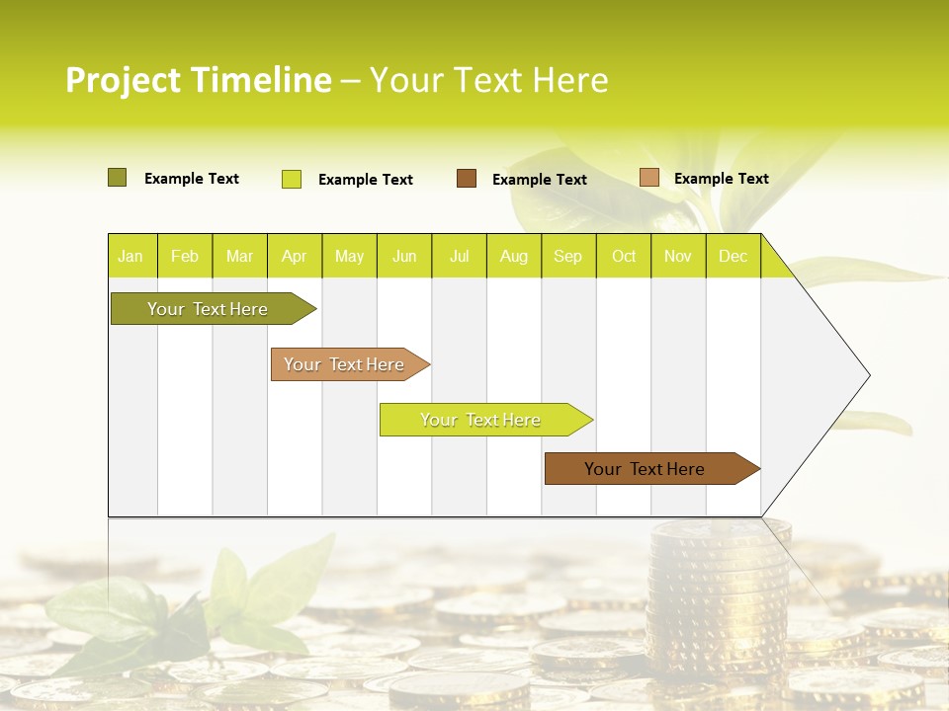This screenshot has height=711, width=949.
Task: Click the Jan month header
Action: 130,256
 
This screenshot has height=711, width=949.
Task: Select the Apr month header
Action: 294,256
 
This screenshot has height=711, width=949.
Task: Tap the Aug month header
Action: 513,256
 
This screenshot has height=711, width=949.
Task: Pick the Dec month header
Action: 733,256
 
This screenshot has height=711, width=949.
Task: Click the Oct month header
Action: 623,256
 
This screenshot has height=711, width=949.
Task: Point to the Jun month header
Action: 403,256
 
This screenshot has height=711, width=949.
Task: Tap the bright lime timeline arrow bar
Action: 481,420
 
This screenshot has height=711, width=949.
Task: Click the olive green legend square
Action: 117,178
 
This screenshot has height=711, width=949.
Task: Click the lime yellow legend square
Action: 291,179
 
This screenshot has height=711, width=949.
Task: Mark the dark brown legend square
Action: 466,179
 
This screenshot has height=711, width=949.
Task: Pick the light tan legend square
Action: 648,178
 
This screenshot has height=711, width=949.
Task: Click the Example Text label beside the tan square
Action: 721,179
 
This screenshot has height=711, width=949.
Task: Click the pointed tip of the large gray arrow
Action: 867,375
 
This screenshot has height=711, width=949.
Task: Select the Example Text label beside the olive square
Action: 191,179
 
